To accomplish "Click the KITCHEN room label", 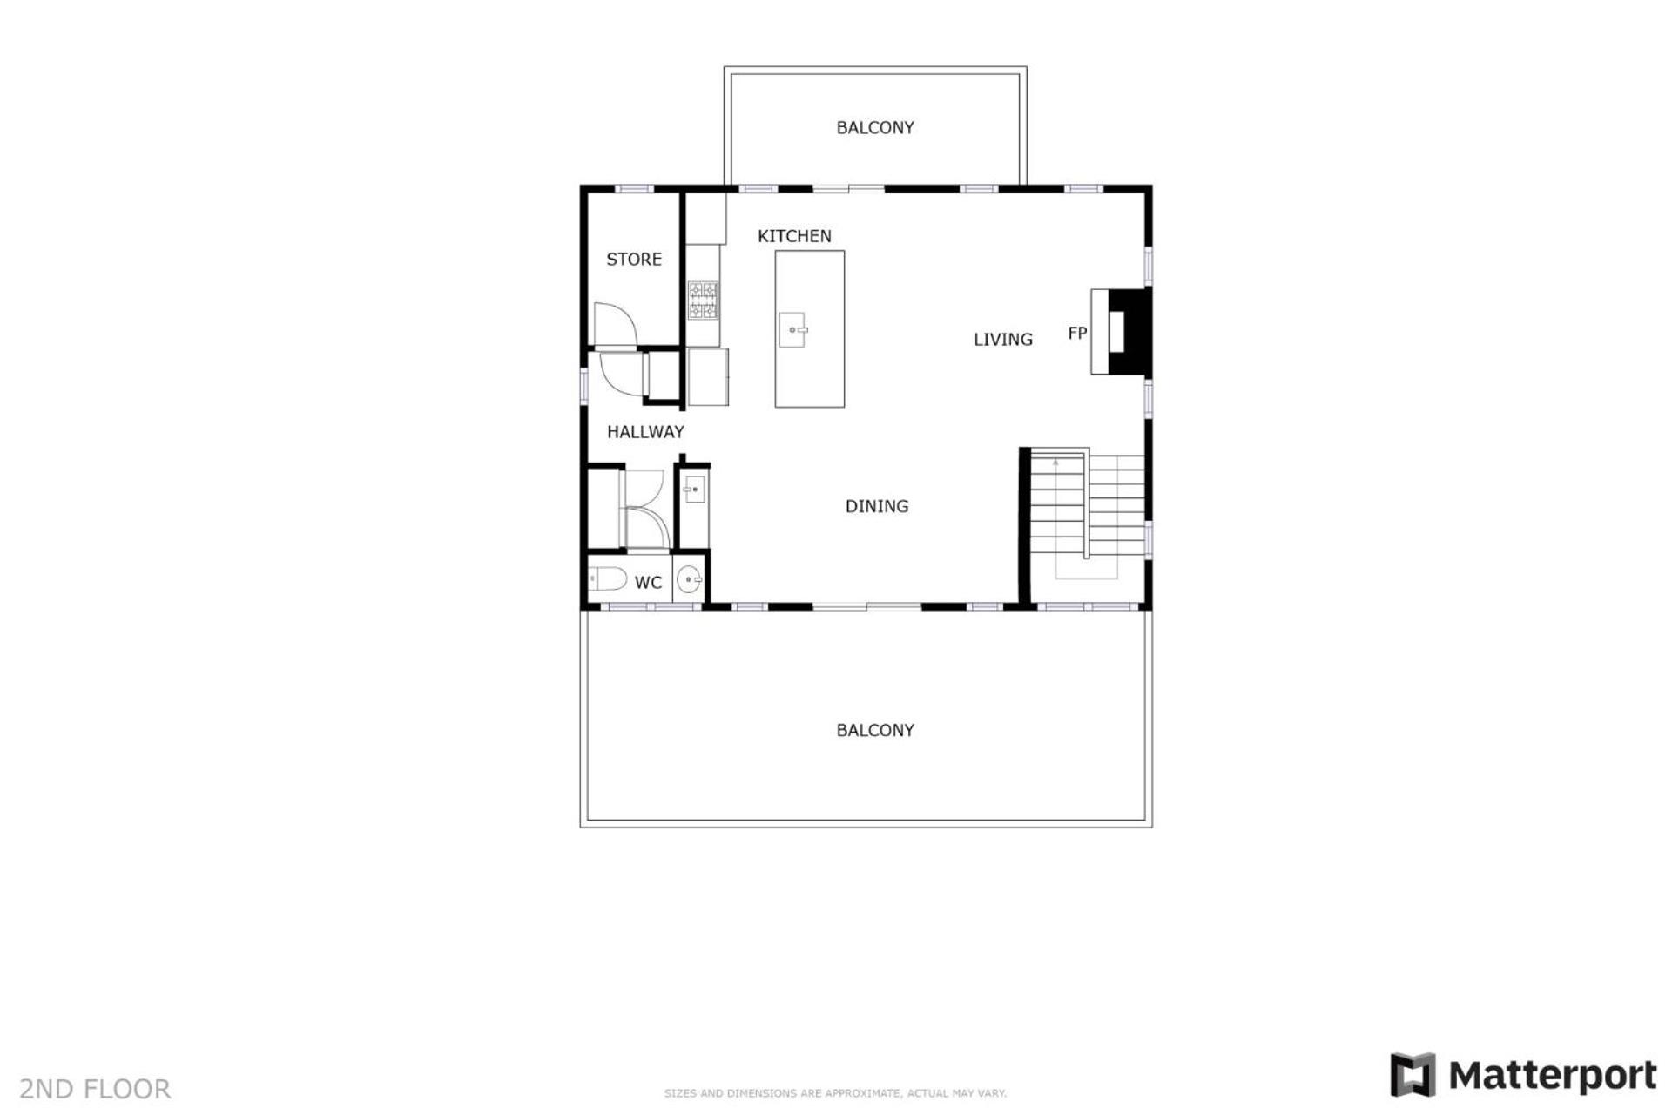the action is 794,236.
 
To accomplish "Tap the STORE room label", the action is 634,259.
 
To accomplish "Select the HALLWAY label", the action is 645,431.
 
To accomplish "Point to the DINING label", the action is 877,506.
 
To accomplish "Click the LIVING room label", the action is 1003,340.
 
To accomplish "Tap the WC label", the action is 648,583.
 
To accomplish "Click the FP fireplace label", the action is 1077,333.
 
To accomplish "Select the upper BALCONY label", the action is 875,128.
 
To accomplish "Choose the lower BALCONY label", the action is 875,731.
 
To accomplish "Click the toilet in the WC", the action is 608,578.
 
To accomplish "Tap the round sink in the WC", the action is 689,578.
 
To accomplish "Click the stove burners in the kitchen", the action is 703,300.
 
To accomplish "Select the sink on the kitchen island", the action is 792,330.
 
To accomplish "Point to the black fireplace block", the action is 1130,332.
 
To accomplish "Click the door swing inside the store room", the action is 616,323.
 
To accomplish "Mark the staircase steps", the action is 1088,505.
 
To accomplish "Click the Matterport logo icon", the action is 1412,1074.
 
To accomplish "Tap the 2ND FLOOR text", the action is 95,1089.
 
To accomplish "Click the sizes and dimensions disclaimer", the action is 835,1093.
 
